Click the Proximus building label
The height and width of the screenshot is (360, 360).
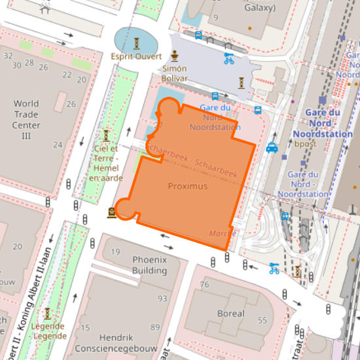[187, 187]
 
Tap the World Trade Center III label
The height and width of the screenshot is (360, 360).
[26, 120]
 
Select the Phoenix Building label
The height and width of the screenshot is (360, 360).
[149, 264]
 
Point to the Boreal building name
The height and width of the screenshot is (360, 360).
[230, 314]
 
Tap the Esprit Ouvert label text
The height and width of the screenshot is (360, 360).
[135, 56]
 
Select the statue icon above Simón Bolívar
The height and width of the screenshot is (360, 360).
[175, 55]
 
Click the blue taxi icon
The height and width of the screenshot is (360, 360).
[272, 147]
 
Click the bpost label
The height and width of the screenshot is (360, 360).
[305, 143]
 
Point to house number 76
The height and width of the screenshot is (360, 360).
[204, 284]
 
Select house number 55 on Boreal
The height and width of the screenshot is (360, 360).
[262, 320]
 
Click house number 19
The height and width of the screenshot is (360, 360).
[116, 252]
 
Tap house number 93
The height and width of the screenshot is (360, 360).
[162, 298]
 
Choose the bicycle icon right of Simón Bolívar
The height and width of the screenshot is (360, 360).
[229, 58]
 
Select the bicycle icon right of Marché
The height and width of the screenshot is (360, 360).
[274, 268]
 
